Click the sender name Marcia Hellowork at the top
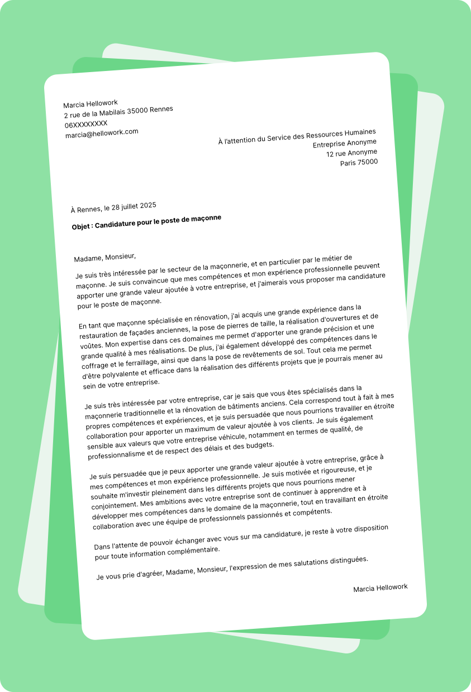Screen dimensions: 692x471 (x=91, y=103)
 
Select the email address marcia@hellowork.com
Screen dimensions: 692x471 (x=102, y=133)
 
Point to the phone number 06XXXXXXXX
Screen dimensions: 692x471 (x=86, y=124)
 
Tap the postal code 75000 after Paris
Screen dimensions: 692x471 (x=368, y=162)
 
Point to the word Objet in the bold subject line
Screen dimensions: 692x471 (x=81, y=227)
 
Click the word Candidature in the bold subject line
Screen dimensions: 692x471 (x=116, y=224)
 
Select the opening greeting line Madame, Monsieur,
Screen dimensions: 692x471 (x=105, y=258)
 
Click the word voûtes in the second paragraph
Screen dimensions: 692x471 (x=92, y=346)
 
